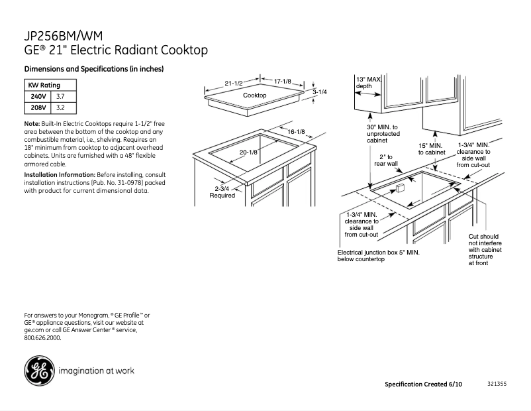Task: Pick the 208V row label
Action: tap(38, 107)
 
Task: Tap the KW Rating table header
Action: tap(44, 86)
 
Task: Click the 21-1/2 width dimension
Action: tap(234, 84)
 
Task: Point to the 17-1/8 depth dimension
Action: tap(283, 81)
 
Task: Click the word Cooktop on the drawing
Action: tap(254, 95)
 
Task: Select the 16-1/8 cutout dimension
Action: tap(295, 132)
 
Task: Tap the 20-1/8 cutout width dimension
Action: tap(248, 153)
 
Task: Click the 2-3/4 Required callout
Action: tap(222, 192)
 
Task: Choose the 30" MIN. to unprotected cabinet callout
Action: tap(383, 133)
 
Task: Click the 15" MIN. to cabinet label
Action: tap(431, 148)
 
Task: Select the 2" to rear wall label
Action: tap(387, 160)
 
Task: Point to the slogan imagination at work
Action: tap(97, 371)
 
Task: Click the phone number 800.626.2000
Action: tap(42, 337)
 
